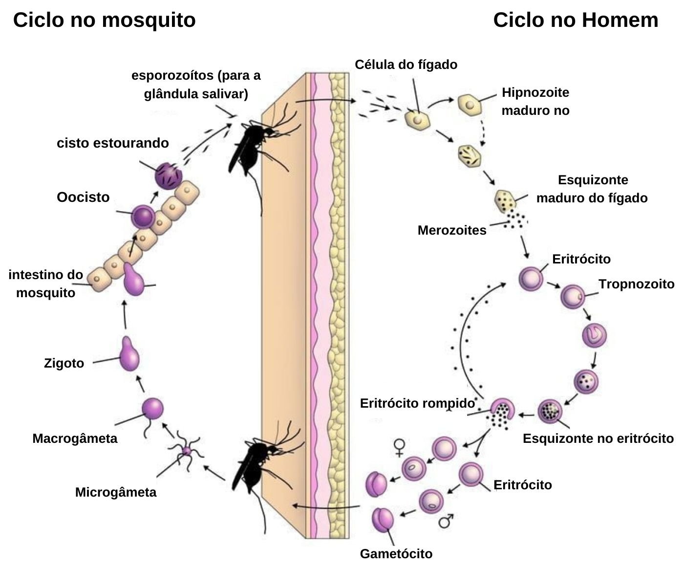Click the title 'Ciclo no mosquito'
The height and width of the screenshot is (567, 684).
point(104,21)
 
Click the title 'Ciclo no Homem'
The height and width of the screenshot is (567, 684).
point(576,21)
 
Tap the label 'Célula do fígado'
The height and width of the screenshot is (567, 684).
point(406,65)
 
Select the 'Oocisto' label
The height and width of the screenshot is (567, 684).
point(83,197)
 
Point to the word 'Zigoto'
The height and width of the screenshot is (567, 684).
point(64,363)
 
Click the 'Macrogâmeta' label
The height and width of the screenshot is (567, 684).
point(75,438)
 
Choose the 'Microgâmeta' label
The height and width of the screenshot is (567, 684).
point(116,492)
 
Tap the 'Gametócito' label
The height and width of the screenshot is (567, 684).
point(396,553)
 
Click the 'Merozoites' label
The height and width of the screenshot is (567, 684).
point(452,230)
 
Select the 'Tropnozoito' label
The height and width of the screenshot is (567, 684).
point(636,284)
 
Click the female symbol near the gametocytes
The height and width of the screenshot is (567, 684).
point(400,447)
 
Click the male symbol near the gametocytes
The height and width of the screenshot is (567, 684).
point(446,521)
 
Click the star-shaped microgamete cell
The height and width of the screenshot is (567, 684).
point(186,451)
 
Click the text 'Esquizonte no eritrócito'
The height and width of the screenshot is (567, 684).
point(598,438)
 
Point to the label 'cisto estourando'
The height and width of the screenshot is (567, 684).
point(113,143)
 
